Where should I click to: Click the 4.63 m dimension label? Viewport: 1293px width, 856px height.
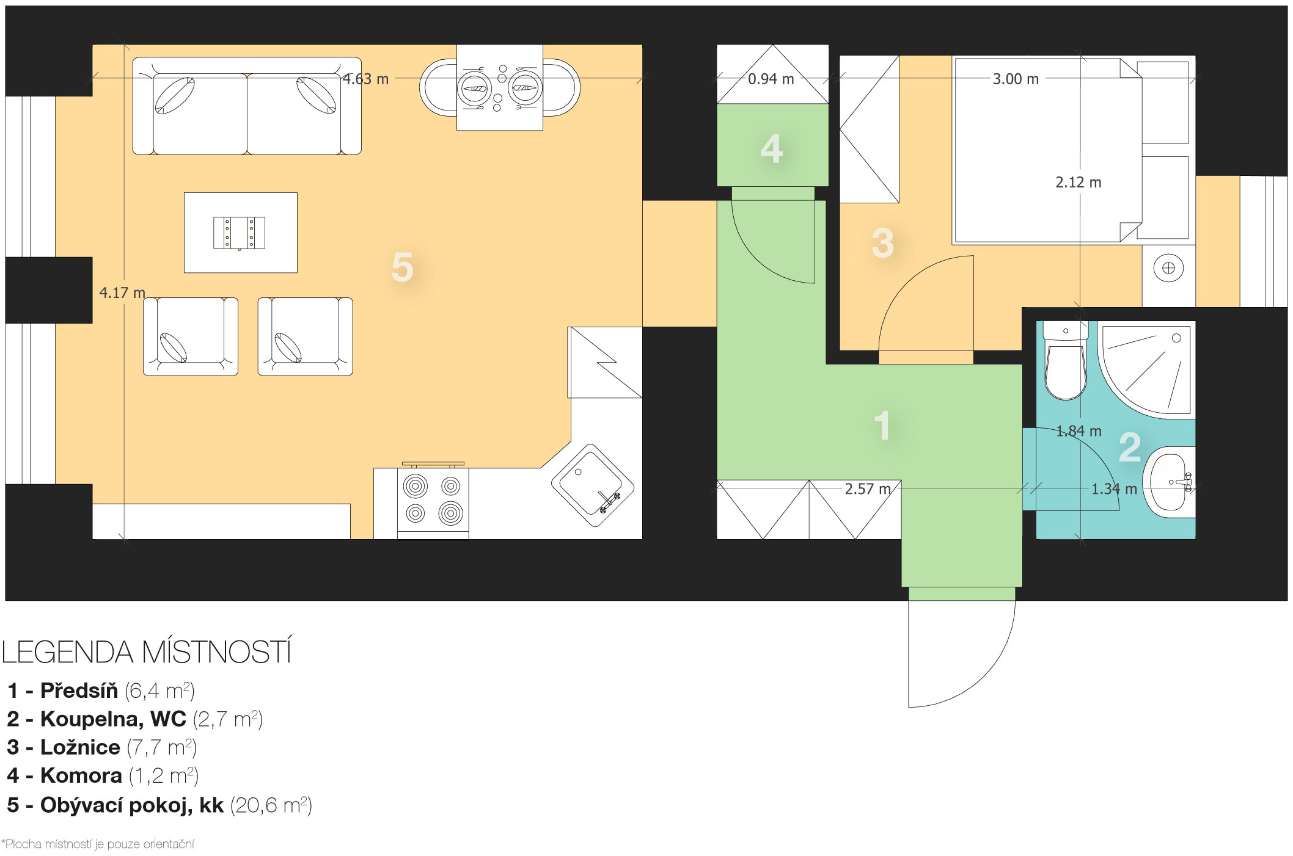pos(365,79)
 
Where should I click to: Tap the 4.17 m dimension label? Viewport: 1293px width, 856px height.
pos(122,293)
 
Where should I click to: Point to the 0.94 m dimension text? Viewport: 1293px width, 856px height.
pos(771,79)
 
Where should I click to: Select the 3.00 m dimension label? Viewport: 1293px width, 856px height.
pos(1016,79)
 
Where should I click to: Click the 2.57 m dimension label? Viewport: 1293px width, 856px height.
pos(868,489)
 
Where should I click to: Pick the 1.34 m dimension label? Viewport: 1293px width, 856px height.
pos(1114,489)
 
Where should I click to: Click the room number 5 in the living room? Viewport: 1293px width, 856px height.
pos(402,267)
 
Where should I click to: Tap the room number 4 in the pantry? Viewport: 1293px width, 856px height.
pos(772,149)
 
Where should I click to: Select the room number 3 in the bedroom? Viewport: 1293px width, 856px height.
pos(883,243)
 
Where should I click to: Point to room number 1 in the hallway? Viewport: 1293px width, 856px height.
pos(882,425)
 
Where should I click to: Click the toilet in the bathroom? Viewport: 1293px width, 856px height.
pos(1066,360)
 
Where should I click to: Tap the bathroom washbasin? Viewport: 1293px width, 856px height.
pos(1168,482)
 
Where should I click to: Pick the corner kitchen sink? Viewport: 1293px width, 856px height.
pos(592,485)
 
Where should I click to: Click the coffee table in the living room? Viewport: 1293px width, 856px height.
pos(241,233)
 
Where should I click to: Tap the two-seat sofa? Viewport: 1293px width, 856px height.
pos(247,106)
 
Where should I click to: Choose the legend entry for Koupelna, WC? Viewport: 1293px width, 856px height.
pos(134,719)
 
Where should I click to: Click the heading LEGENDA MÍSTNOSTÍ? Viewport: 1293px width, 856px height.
pos(147,652)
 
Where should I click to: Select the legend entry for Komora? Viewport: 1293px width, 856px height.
pos(103,775)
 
